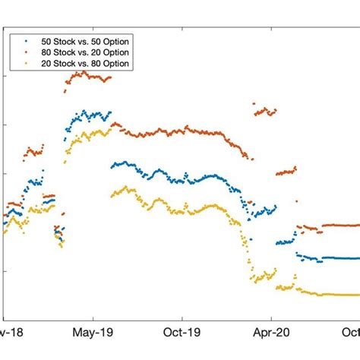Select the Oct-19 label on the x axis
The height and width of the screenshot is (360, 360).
pos(182,332)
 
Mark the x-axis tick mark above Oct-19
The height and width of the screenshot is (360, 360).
pos(182,318)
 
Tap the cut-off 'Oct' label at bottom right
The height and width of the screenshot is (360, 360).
pos(350,332)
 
